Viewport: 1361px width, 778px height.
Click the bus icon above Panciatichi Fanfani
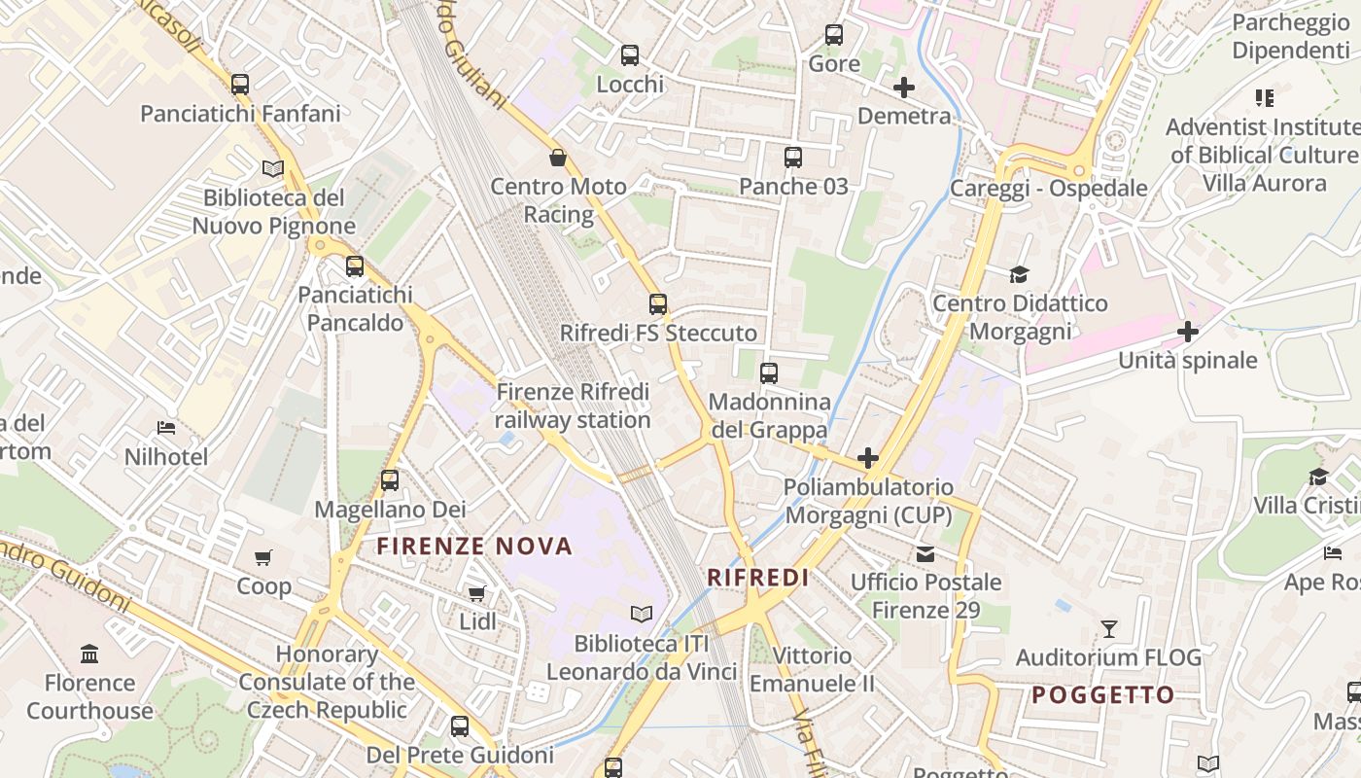(240, 85)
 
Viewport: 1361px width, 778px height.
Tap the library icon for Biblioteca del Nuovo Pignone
(273, 169)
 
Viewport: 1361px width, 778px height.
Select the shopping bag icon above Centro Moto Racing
(558, 157)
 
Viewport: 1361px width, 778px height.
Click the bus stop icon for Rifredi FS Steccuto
(658, 304)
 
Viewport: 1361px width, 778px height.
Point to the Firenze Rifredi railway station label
(573, 406)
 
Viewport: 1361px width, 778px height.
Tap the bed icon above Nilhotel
(166, 427)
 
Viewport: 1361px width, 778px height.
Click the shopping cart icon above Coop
(263, 557)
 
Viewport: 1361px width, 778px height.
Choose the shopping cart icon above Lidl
(476, 592)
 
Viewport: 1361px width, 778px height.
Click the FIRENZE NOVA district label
(474, 547)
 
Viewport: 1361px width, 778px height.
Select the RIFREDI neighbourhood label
(758, 578)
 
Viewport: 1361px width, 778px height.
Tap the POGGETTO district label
(1103, 695)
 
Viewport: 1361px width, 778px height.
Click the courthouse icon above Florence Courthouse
(89, 653)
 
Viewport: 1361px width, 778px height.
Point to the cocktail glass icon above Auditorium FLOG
(1108, 628)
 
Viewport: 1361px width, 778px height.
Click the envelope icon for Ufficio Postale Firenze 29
(925, 554)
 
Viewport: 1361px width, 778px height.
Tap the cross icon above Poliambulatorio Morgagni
(868, 458)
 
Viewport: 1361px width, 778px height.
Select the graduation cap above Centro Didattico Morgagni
(1019, 275)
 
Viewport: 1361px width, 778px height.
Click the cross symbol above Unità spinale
(1187, 332)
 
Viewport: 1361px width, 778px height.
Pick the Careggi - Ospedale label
(1049, 188)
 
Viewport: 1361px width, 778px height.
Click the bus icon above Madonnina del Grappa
(769, 372)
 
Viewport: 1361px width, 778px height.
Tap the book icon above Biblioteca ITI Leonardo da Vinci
(642, 614)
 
